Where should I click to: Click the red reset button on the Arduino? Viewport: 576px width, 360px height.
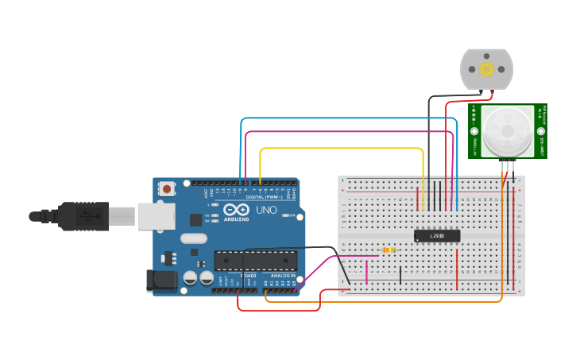166,189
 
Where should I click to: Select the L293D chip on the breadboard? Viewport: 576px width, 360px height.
437,235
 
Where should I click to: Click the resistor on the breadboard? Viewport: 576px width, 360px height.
389,250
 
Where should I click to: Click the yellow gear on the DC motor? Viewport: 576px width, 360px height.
486,69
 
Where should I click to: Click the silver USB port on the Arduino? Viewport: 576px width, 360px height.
156,216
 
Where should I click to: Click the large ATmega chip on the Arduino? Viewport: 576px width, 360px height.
255,261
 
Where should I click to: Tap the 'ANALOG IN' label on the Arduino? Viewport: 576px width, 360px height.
282,276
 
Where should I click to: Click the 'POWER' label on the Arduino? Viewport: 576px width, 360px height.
249,276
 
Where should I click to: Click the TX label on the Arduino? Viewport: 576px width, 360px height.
207,215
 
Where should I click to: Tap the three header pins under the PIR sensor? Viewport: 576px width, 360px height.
508,165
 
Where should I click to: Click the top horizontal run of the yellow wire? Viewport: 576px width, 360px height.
342,148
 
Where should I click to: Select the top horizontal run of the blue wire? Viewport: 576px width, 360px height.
350,118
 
